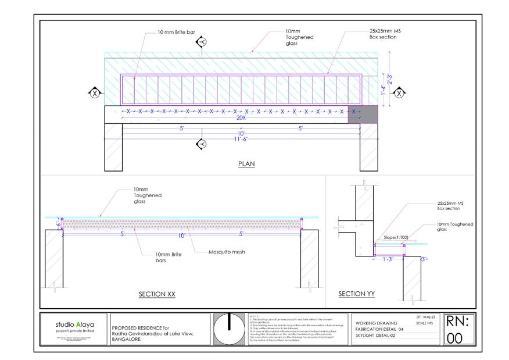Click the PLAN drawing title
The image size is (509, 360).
(x=246, y=164)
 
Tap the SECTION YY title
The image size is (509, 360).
(x=357, y=294)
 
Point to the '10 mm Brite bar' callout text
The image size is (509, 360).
(x=177, y=33)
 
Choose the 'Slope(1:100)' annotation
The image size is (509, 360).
(x=397, y=237)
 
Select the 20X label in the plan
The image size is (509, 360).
(x=241, y=118)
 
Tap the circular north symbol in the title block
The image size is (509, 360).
(x=228, y=329)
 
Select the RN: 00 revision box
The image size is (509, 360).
(x=460, y=330)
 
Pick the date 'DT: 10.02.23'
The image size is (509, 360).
(x=422, y=316)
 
